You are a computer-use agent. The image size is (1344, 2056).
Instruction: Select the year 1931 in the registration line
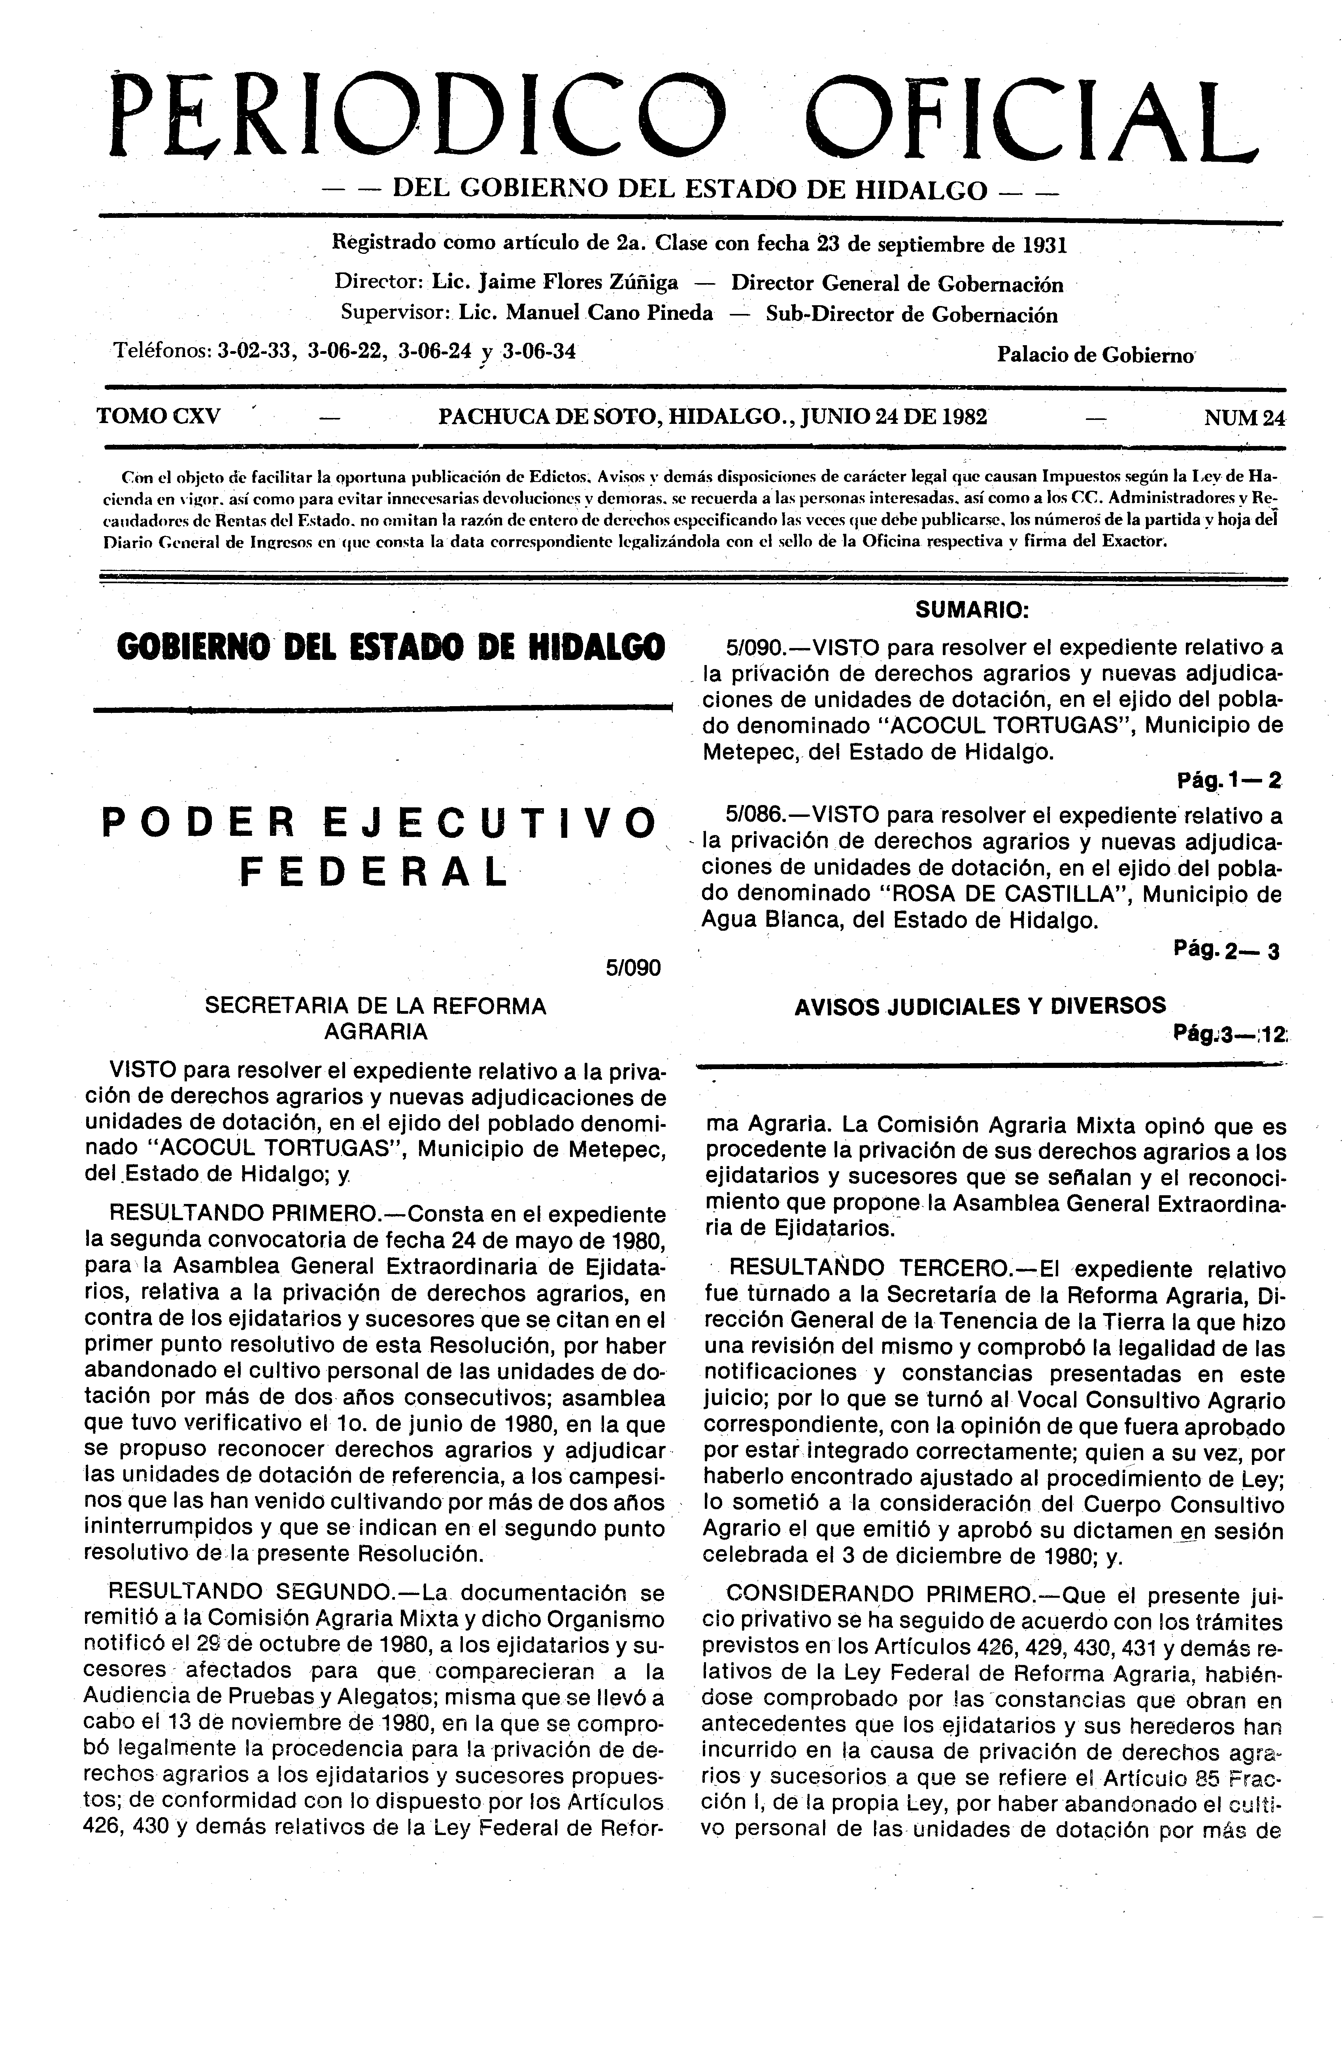click(x=1044, y=244)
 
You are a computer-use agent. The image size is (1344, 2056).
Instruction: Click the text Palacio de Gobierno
click(x=1095, y=354)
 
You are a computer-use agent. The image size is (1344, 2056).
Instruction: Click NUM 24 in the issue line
click(x=1244, y=418)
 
